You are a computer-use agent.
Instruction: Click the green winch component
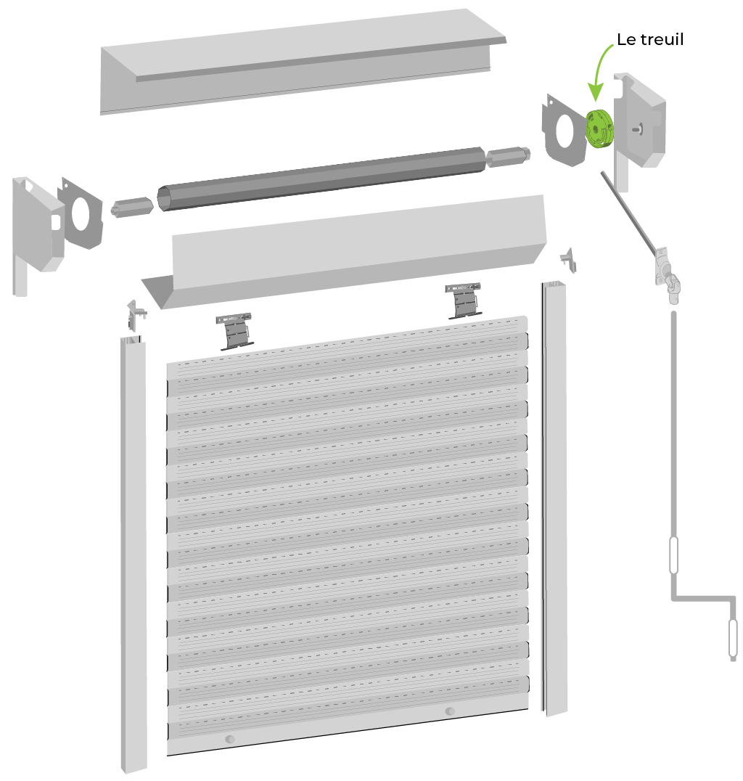(x=599, y=128)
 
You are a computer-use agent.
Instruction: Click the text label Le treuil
(x=650, y=39)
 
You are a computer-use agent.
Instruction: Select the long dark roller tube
(x=321, y=179)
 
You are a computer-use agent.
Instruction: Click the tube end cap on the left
(x=131, y=207)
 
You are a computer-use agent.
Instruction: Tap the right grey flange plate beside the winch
(x=565, y=131)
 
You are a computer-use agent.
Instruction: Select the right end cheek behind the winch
(x=639, y=125)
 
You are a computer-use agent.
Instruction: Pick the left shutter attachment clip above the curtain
(x=234, y=331)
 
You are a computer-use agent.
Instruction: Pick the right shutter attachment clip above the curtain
(x=464, y=300)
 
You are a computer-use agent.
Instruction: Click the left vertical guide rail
(x=134, y=554)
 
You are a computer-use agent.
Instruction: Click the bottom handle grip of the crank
(x=733, y=639)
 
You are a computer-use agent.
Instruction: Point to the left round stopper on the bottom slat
(x=230, y=739)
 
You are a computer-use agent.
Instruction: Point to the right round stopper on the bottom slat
(x=450, y=711)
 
